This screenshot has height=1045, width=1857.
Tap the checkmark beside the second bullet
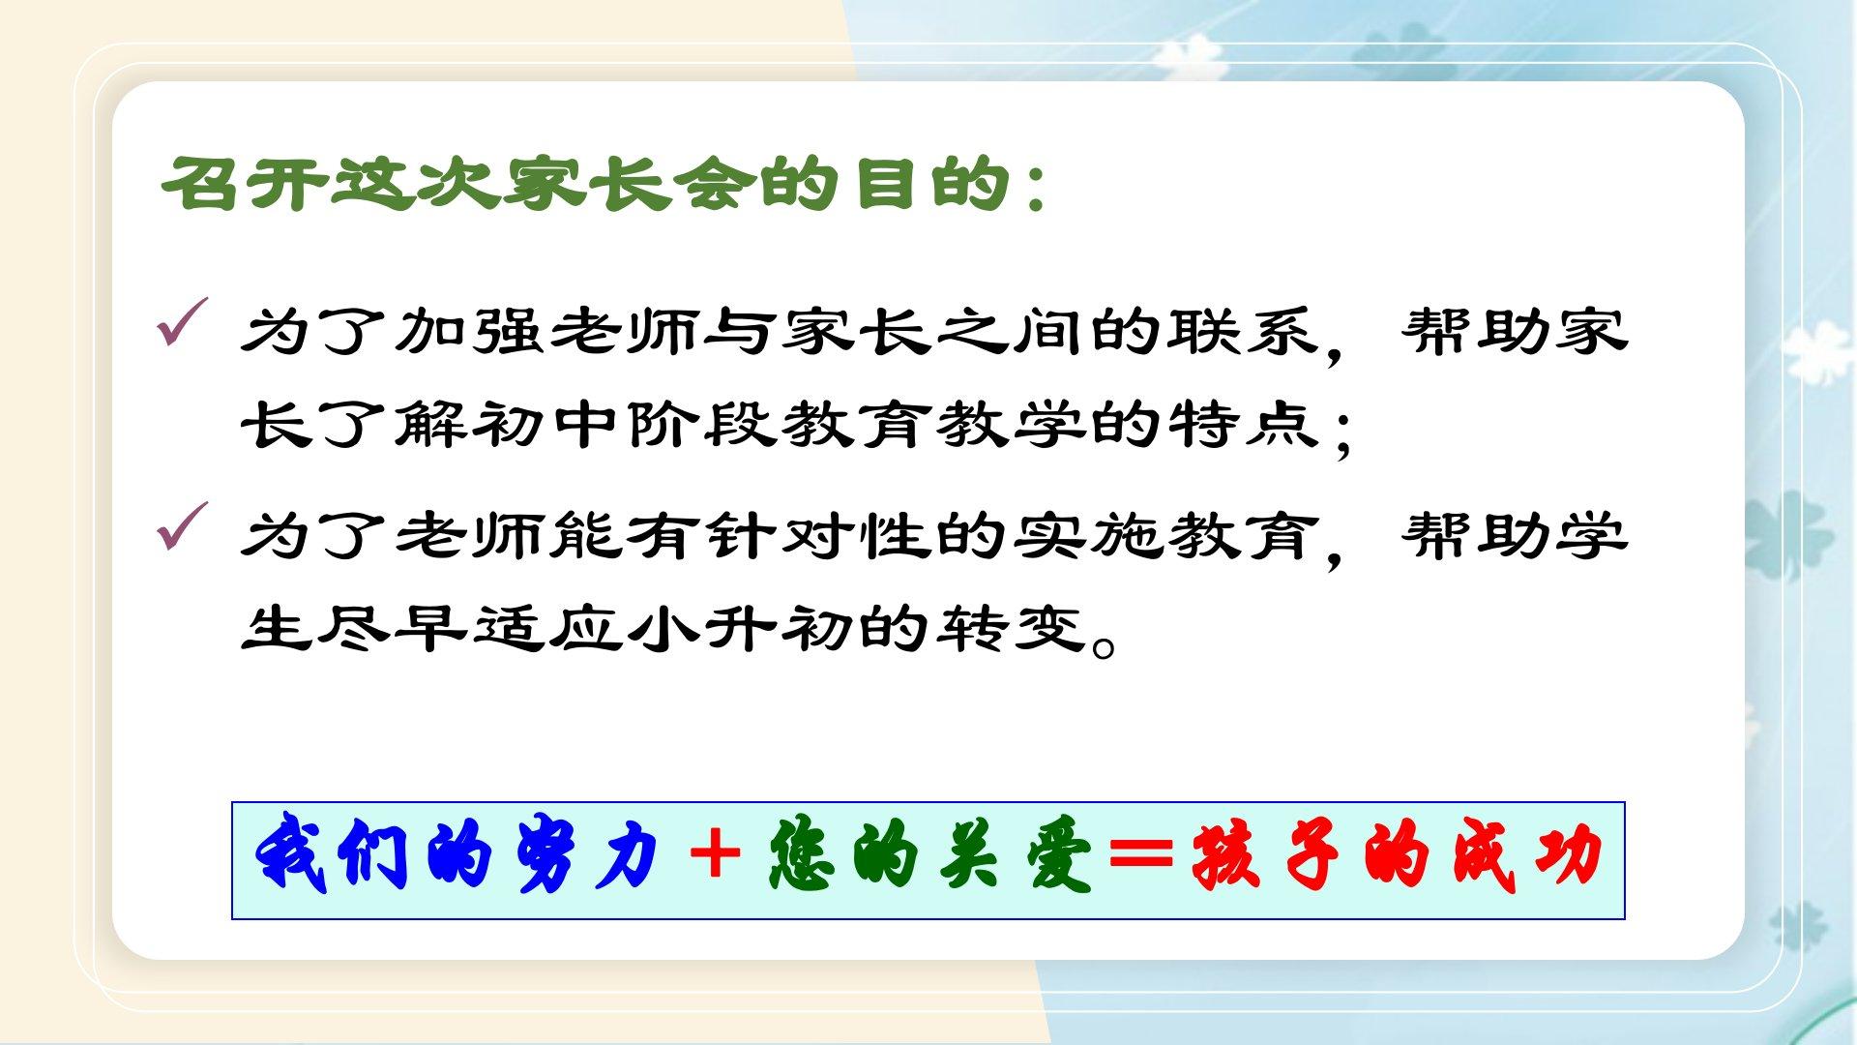tap(182, 527)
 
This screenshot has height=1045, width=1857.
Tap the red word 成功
tap(1528, 855)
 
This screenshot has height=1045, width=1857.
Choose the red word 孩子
tap(1267, 855)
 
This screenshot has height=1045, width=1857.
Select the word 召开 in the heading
tap(243, 183)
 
